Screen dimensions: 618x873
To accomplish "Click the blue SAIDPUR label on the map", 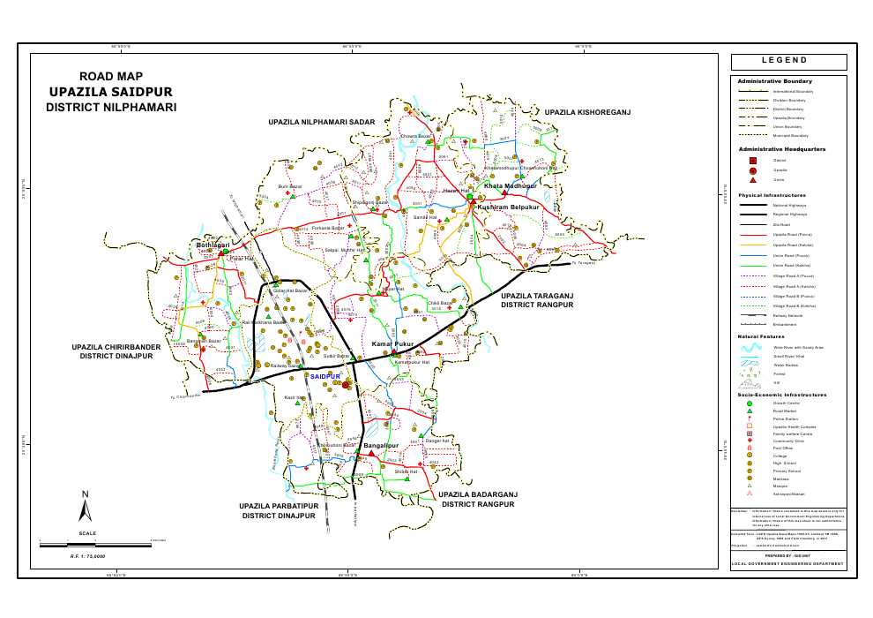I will [x=325, y=377].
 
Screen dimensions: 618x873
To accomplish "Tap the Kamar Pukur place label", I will [x=393, y=343].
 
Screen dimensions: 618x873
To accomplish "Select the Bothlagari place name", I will [x=213, y=245].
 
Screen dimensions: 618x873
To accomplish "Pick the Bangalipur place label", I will [x=382, y=446].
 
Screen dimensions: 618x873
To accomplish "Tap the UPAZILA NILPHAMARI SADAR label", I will [x=322, y=120].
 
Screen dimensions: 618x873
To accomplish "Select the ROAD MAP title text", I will [x=110, y=77].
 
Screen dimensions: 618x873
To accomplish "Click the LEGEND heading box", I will [x=788, y=62].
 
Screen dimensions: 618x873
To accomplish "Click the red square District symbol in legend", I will [x=752, y=160].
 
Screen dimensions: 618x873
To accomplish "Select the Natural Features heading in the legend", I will [x=761, y=336].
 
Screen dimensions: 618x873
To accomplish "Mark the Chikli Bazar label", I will [x=440, y=303].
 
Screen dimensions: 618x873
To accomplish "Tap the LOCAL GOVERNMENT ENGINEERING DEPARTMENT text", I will [x=787, y=562].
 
